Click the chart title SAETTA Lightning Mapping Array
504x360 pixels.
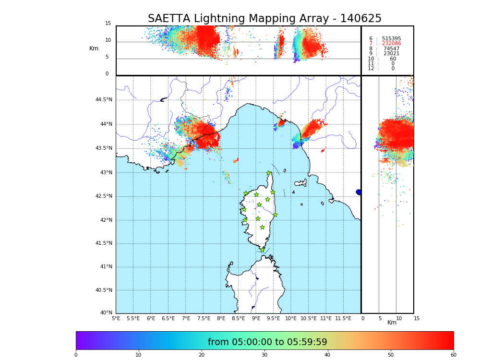click(264, 19)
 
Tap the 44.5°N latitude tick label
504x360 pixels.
click(104, 100)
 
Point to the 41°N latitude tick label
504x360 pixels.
click(105, 267)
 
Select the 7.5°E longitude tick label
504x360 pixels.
click(204, 319)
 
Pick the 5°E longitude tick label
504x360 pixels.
click(116, 319)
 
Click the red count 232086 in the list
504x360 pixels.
click(391, 44)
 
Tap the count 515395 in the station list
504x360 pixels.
click(391, 39)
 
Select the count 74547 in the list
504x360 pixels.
click(391, 49)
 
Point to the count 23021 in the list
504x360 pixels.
click(391, 54)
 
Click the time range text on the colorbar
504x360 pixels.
click(267, 342)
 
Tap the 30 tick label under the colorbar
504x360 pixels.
click(264, 355)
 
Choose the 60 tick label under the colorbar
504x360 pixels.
click(453, 355)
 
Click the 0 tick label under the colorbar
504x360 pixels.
click(76, 355)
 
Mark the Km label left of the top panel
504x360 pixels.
click(94, 48)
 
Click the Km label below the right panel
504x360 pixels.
click(392, 323)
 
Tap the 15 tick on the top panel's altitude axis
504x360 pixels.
click(108, 24)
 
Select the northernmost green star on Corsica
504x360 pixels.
click(269, 173)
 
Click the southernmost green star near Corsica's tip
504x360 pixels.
click(262, 250)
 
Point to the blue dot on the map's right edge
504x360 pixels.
click(359, 192)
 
